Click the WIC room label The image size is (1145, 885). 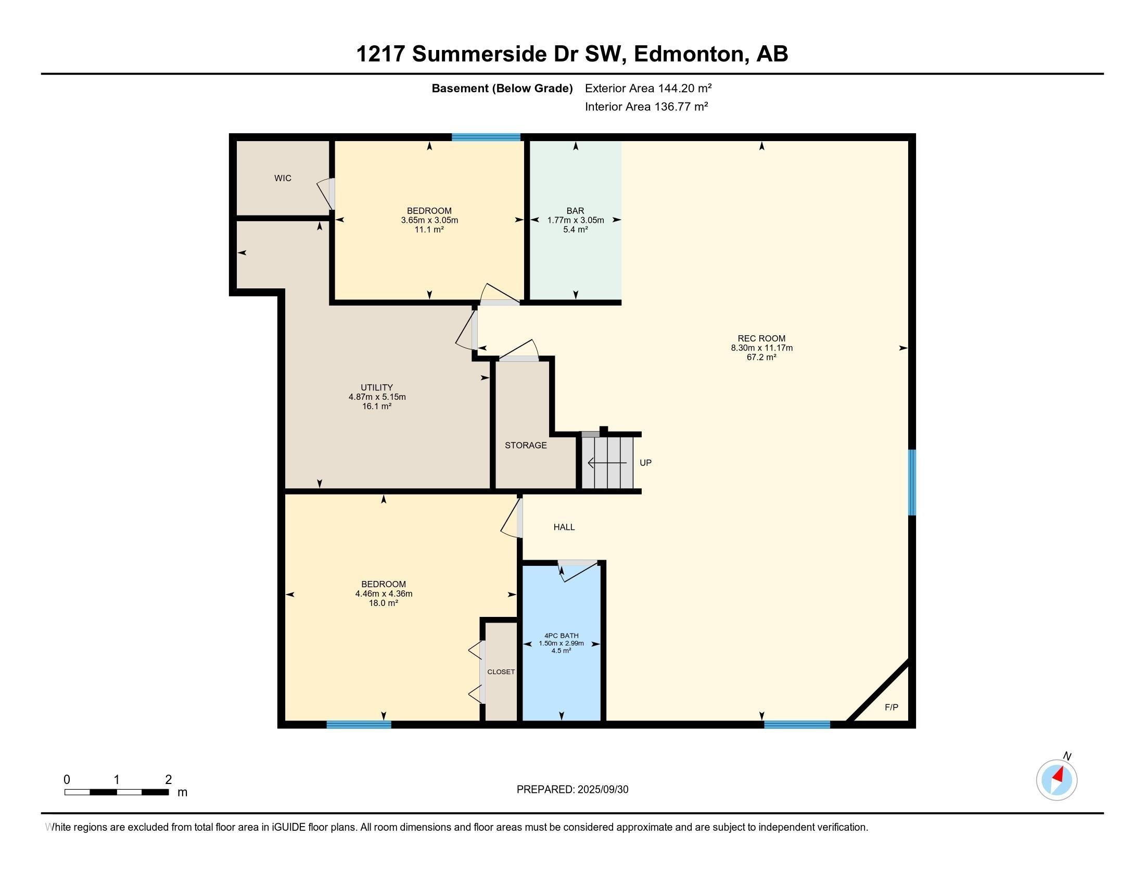(283, 178)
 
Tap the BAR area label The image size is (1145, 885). (575, 211)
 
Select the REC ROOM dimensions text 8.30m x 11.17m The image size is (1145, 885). (761, 348)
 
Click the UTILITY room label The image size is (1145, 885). (376, 387)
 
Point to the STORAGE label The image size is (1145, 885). (525, 445)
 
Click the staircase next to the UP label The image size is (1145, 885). (606, 463)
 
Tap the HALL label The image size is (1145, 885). (564, 527)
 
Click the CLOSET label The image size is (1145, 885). (501, 672)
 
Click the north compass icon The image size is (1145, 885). (1057, 780)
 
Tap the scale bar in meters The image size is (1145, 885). (117, 792)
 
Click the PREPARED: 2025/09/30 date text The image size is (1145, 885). (572, 790)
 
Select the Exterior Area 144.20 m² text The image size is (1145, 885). (648, 88)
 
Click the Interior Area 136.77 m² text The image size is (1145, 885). (646, 107)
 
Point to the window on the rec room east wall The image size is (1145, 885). (912, 483)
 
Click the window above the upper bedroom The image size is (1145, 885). (486, 137)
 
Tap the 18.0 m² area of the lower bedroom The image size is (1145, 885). (383, 603)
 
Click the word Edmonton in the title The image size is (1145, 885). (691, 54)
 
